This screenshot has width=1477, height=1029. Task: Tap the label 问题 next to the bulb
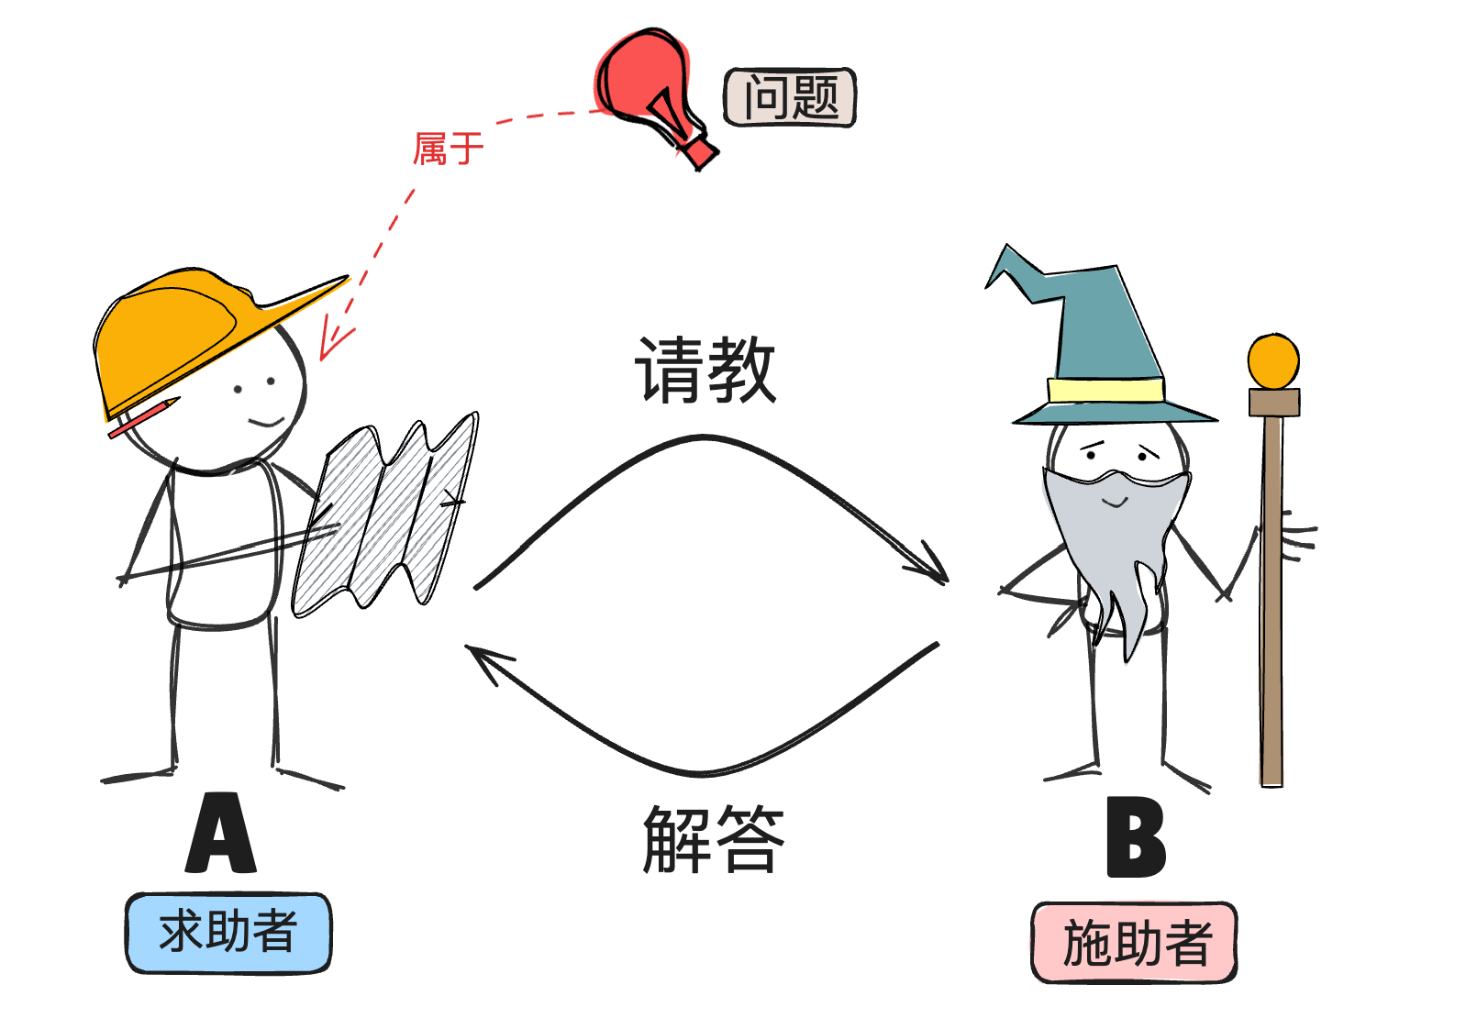click(790, 97)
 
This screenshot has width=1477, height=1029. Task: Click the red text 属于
click(448, 149)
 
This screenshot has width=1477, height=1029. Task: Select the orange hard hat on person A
click(183, 330)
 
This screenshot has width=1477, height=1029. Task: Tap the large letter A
click(221, 835)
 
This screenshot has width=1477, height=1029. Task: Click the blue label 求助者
click(228, 933)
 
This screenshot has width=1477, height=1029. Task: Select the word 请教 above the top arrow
click(705, 369)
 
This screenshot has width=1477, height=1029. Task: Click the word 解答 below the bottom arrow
click(714, 838)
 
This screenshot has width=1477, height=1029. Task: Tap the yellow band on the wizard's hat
click(1105, 390)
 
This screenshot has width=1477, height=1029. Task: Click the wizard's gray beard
click(1115, 541)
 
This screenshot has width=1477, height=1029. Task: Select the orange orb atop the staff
click(1273, 361)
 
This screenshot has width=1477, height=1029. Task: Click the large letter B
click(1136, 838)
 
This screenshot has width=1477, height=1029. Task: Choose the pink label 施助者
click(1135, 943)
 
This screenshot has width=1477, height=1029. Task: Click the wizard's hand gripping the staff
click(1294, 537)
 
